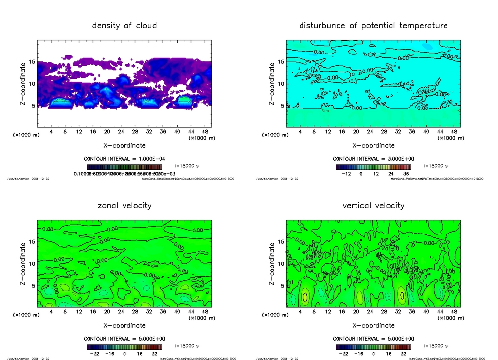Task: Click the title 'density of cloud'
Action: [124, 25]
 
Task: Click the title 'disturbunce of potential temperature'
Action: [373, 25]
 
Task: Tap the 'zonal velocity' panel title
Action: [124, 205]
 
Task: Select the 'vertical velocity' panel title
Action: [373, 205]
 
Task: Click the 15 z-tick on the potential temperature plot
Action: [280, 62]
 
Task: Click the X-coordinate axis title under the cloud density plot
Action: [124, 145]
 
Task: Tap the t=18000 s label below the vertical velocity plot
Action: [436, 346]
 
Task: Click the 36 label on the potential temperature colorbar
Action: [405, 173]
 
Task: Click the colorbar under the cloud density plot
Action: [124, 166]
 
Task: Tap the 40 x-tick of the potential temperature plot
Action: [426, 132]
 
